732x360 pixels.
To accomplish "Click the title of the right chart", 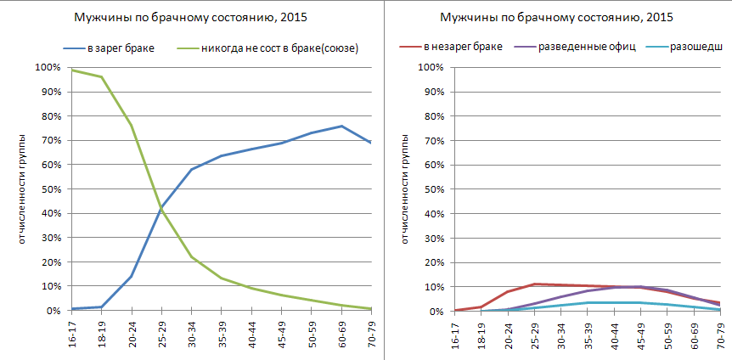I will click(x=556, y=19).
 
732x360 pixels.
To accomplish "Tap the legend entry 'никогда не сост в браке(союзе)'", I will click(x=278, y=48).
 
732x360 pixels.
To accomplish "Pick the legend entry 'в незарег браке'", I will click(x=463, y=46).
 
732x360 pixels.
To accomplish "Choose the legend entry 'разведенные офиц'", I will click(x=586, y=46).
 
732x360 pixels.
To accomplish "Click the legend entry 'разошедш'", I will click(x=695, y=46).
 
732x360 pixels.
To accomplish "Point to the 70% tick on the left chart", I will click(x=47, y=140).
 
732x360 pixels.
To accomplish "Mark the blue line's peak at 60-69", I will click(x=341, y=126).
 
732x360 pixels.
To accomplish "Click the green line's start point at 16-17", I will click(x=71, y=70).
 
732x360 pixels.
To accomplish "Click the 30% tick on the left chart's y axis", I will click(x=47, y=238).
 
